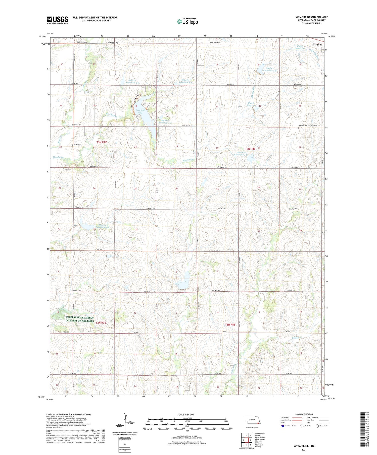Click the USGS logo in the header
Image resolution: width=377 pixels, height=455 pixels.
[57, 20]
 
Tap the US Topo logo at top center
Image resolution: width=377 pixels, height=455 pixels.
[187, 21]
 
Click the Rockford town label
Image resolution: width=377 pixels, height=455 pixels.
[113, 43]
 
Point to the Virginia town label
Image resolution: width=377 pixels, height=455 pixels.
[318, 44]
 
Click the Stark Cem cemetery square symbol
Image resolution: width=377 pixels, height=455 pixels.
[72, 145]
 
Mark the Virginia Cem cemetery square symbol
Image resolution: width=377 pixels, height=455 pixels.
[298, 128]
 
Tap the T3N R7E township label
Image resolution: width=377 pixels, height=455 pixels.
[102, 142]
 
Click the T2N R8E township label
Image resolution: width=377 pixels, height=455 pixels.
[230, 324]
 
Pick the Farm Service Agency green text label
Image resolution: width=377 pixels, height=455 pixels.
[80, 319]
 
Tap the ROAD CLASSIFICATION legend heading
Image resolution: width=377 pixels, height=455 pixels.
[304, 414]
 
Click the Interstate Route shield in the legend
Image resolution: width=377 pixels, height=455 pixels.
[283, 426]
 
